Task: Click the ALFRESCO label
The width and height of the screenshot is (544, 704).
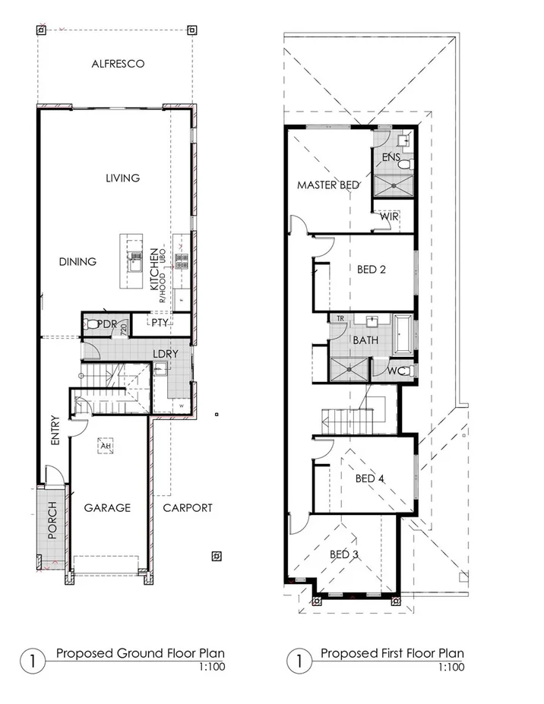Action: [118, 64]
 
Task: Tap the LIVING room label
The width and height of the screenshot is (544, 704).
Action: [122, 178]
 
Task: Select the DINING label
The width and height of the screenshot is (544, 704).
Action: [77, 261]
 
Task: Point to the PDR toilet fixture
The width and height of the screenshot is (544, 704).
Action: [93, 324]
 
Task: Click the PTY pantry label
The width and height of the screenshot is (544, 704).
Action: [159, 323]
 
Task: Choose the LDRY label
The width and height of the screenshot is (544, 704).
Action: [165, 354]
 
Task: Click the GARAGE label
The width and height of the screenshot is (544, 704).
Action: [107, 507]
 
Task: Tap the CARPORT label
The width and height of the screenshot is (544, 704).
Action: [188, 507]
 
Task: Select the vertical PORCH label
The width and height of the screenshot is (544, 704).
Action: [52, 520]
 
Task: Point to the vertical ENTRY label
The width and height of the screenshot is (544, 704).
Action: [55, 430]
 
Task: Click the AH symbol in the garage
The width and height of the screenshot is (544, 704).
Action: [105, 446]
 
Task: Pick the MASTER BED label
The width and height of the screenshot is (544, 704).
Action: [328, 185]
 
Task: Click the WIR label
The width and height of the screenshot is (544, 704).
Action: [390, 216]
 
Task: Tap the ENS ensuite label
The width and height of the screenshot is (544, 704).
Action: [391, 157]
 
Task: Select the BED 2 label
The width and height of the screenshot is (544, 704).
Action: [372, 268]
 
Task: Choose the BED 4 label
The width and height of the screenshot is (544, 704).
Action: [371, 478]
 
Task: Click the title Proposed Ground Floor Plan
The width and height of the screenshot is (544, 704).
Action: [141, 653]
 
